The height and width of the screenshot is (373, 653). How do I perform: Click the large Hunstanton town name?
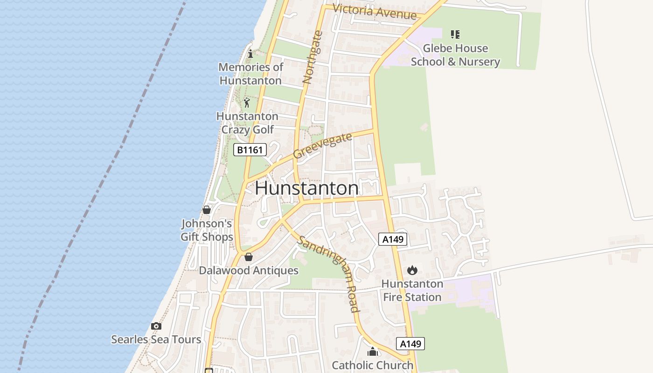tap(307, 188)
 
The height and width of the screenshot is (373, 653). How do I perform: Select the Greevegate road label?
tap(322, 145)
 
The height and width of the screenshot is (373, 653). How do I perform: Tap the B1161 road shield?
tap(250, 150)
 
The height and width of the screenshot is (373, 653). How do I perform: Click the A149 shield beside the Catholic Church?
tap(410, 344)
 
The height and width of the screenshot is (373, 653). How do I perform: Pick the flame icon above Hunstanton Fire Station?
tap(412, 270)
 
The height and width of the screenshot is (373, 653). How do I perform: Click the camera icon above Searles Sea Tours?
tap(156, 326)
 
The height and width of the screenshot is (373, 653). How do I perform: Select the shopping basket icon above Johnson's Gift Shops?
tap(207, 210)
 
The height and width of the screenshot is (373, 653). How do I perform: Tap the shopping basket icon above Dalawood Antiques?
tap(249, 257)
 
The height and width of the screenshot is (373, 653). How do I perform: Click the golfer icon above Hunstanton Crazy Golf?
tap(247, 103)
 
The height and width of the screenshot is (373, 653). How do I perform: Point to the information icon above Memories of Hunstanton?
tap(250, 54)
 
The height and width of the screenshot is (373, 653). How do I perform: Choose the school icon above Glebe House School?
tap(455, 34)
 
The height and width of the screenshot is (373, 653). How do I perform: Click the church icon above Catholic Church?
tap(372, 351)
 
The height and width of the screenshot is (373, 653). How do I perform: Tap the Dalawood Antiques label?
tap(249, 270)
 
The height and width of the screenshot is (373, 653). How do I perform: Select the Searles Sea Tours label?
tap(156, 339)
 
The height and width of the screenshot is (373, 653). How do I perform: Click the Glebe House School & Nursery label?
tap(455, 55)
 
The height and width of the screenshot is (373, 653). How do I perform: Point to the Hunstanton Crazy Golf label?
tap(247, 123)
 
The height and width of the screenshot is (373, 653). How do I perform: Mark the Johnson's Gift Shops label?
tap(207, 230)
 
